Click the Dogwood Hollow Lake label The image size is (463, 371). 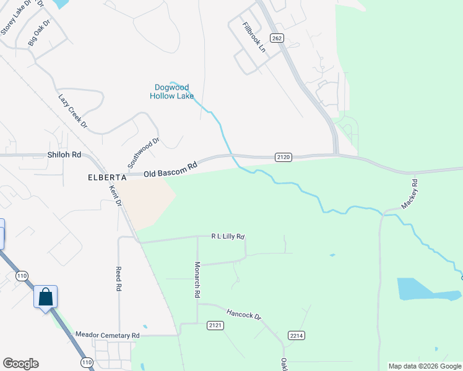click(x=172, y=92)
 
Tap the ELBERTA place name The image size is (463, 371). click(x=108, y=177)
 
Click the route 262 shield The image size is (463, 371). click(x=277, y=38)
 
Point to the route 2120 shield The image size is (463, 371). click(x=283, y=157)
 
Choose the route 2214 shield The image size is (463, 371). click(x=296, y=335)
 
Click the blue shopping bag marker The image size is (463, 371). click(x=46, y=297)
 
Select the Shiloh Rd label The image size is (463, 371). click(x=64, y=155)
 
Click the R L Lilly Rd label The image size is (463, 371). click(x=228, y=236)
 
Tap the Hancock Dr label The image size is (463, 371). click(x=243, y=314)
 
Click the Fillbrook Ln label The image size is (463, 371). click(x=254, y=38)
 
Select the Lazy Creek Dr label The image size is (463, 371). click(x=73, y=111)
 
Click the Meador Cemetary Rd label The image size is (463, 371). click(x=108, y=335)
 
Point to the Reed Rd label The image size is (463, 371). click(x=118, y=279)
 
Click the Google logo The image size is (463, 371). click(x=20, y=364)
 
